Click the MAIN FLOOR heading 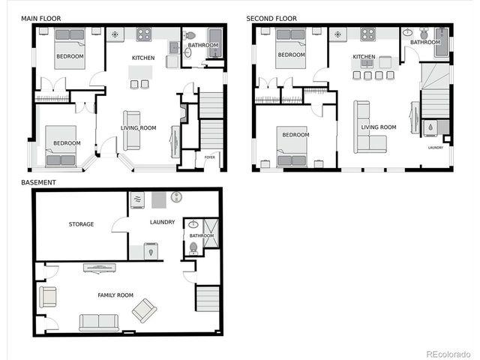coord(41,17)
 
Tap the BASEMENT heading coord(38,181)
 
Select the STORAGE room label coord(81,223)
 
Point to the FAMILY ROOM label coord(115,295)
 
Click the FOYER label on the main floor coord(210,157)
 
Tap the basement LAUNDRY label coord(162,222)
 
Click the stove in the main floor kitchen coord(143,34)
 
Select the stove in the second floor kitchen coord(367,34)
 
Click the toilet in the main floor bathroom coord(190,35)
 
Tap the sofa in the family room coord(98,322)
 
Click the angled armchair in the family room coord(144,310)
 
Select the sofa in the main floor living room coord(132,129)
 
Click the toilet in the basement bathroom coord(194,247)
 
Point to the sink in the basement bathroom coord(193,224)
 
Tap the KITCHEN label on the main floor coord(143,58)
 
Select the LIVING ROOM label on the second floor coord(378,127)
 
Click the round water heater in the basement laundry coord(177,198)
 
